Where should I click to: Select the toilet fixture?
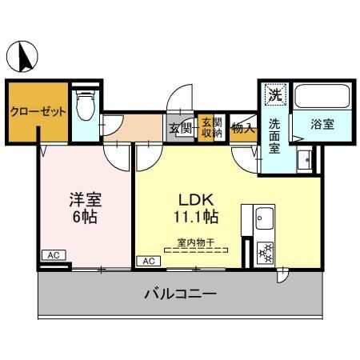[x=85, y=104]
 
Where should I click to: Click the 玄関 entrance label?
[x=179, y=127]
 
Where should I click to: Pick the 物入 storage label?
[x=242, y=127]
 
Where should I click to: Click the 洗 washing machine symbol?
[x=274, y=94]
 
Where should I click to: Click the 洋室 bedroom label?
[x=84, y=198]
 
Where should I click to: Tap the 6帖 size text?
[x=84, y=217]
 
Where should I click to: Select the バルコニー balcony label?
[x=180, y=294]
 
